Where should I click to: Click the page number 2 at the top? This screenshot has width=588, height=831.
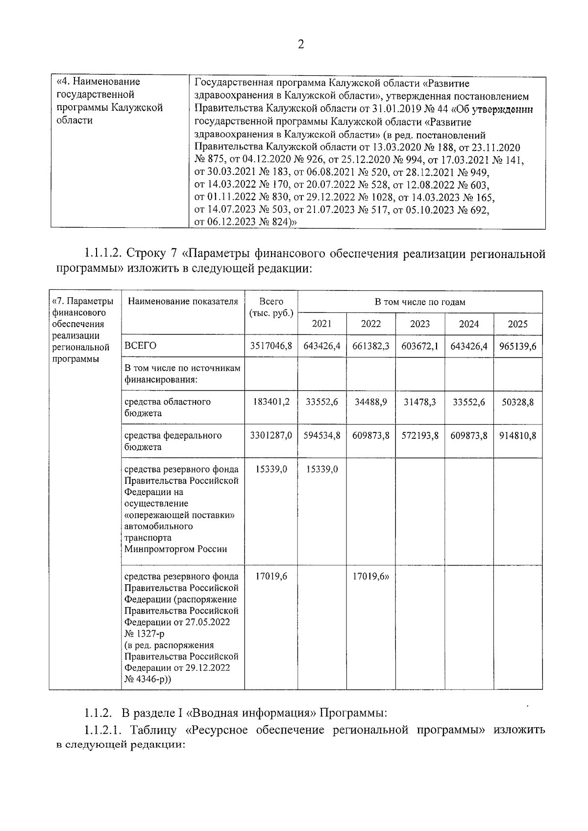[301, 45]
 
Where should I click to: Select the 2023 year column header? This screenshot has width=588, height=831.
[420, 324]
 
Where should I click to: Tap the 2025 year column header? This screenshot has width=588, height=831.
[517, 324]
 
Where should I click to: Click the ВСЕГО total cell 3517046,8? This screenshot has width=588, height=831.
[271, 346]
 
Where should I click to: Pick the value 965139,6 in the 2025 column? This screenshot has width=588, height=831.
[517, 346]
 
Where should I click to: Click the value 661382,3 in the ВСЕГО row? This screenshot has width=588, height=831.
[371, 346]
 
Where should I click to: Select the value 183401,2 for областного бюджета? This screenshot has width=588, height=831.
[271, 402]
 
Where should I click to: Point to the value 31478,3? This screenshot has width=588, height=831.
[420, 402]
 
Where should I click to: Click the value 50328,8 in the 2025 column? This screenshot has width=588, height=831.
[517, 402]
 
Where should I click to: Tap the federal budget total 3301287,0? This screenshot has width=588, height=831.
[271, 435]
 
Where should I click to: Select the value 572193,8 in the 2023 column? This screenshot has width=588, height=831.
[420, 435]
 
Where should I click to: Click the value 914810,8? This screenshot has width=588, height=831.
[517, 435]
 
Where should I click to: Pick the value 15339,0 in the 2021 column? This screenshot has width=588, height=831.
[322, 469]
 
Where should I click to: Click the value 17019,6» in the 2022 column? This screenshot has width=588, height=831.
[371, 576]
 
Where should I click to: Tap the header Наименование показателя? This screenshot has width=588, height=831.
[183, 302]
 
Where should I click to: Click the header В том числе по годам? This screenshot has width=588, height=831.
[420, 302]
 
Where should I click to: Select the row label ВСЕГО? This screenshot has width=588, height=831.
[141, 346]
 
